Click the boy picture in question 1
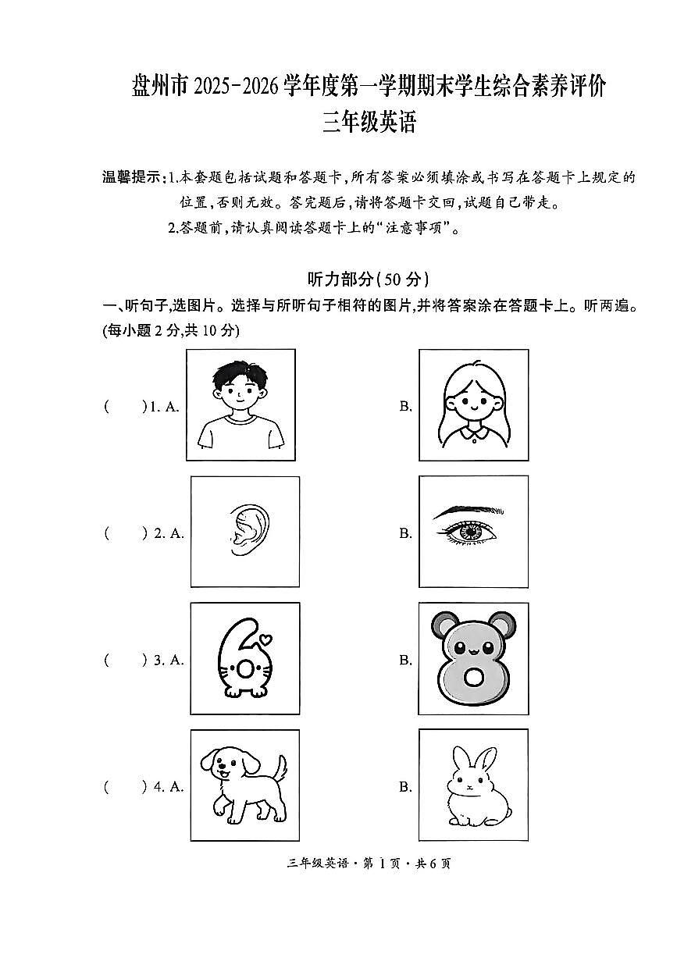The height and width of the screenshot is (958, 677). coord(241,404)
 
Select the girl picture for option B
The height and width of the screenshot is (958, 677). coord(473,404)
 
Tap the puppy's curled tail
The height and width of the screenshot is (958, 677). coord(280,766)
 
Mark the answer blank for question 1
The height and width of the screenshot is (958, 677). coord(124,406)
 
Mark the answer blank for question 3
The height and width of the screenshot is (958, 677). coord(124,660)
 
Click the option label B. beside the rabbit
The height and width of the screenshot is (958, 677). coord(405,787)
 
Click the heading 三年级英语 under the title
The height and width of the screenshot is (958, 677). coord(369,123)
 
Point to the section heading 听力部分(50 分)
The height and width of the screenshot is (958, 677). coord(369,280)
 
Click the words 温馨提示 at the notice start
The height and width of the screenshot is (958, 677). coord(131,177)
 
